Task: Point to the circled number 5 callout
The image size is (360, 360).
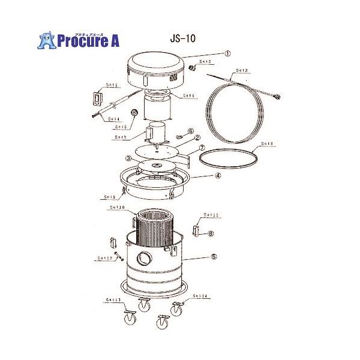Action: [x=212, y=256]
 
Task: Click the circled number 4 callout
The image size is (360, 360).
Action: [x=218, y=176]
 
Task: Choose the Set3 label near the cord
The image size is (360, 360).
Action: [x=242, y=70]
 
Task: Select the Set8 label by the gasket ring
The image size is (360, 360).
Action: [x=268, y=145]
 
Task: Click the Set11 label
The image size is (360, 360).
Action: [x=211, y=215]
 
